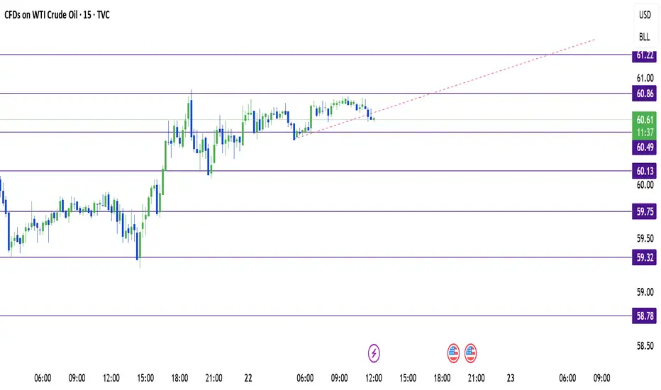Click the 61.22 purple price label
click(644, 55)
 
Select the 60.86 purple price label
click(644, 94)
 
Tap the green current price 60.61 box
click(644, 126)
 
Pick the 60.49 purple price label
click(644, 147)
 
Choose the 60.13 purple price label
click(644, 171)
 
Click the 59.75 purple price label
click(644, 211)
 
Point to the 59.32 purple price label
click(644, 257)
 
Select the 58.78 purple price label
click(644, 316)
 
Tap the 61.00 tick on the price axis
click(645, 78)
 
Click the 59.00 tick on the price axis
click(645, 291)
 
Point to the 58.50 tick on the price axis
click(645, 346)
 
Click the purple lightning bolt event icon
click(374, 353)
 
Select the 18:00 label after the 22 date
click(442, 378)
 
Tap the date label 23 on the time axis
click(510, 378)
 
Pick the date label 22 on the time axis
click(248, 378)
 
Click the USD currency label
click(645, 15)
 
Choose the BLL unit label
click(644, 37)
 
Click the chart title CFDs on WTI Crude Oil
click(41, 15)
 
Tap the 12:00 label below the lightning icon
click(374, 378)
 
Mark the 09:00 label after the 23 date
click(601, 378)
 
